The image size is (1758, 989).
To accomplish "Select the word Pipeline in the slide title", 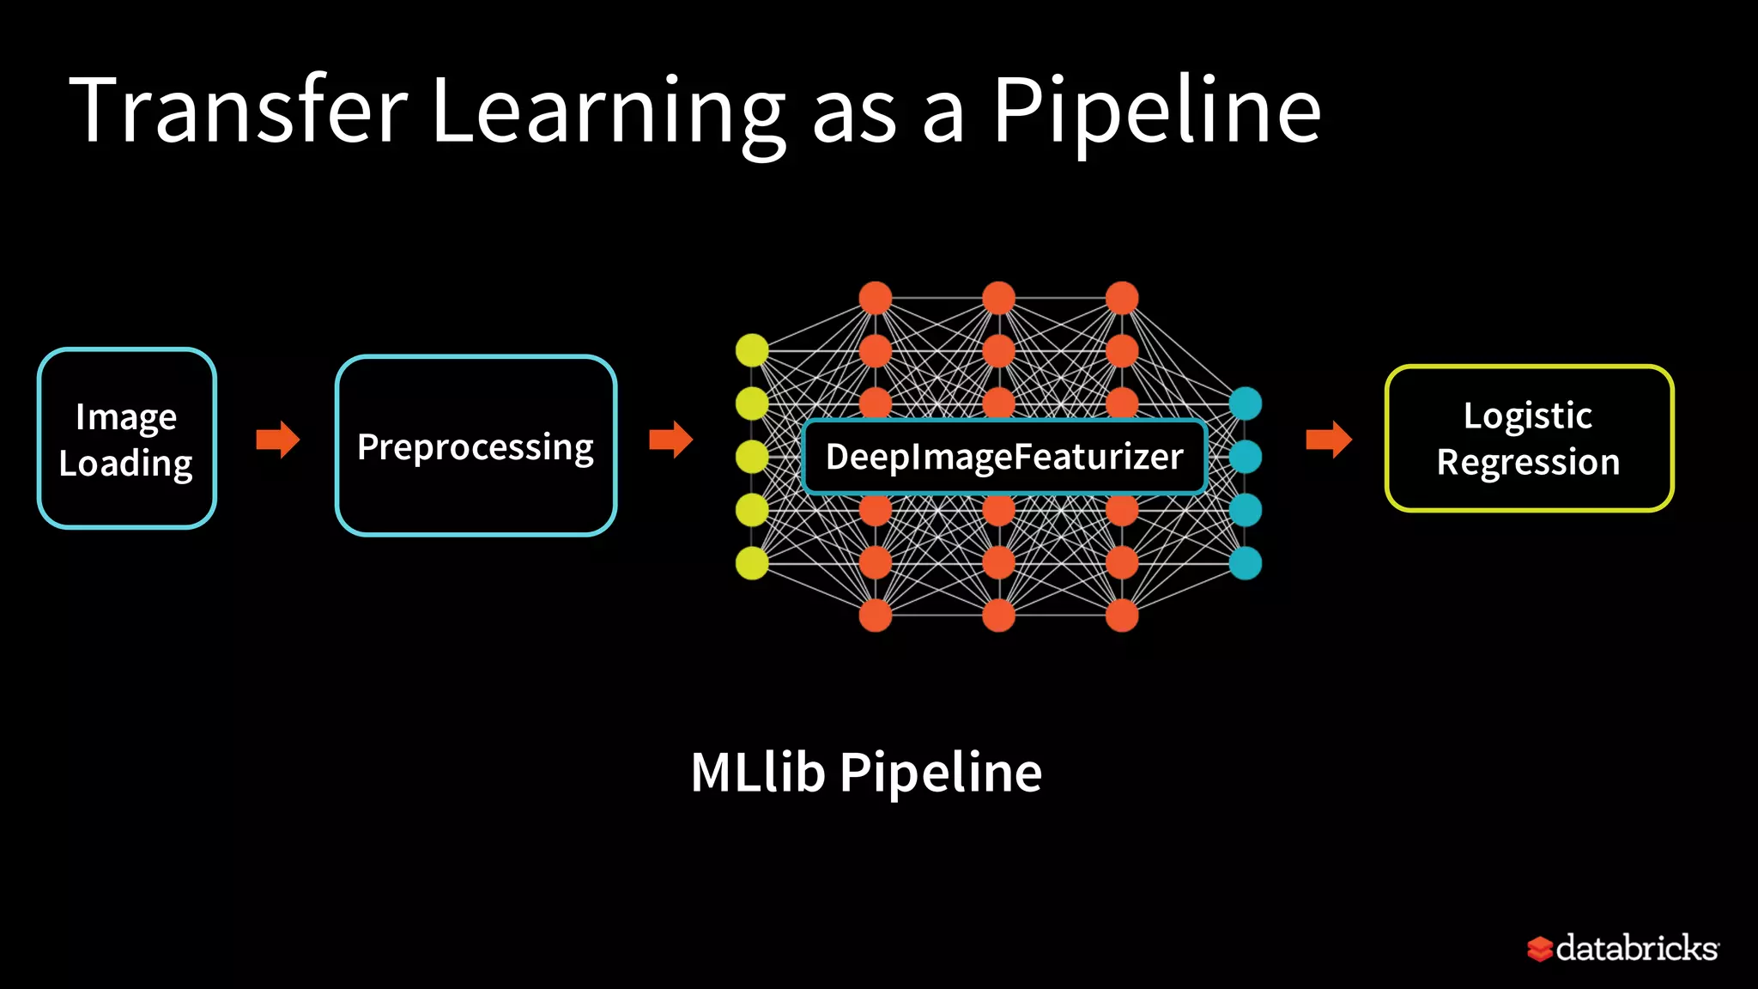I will click(1156, 112).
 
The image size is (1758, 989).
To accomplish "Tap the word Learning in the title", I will click(608, 112).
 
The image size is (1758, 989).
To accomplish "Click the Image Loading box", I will click(127, 439).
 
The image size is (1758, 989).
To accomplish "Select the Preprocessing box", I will click(476, 446).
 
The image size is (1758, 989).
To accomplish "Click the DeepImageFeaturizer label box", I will click(1003, 457).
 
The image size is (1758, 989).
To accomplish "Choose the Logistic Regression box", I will click(1529, 439).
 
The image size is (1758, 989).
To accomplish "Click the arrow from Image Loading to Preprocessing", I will click(278, 440).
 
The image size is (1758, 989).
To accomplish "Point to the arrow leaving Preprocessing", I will click(671, 440).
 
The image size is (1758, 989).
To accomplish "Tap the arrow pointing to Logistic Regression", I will click(1329, 440).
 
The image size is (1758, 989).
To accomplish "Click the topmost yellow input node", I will click(752, 350).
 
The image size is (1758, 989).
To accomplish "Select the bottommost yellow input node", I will click(752, 563).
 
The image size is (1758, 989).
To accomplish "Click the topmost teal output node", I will click(1245, 403).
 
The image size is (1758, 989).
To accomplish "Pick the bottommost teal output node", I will click(1245, 563).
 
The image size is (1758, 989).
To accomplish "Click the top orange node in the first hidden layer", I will click(875, 298).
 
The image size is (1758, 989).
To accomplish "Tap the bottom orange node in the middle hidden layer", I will click(998, 616).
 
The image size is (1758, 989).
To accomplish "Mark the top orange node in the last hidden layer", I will click(1122, 298).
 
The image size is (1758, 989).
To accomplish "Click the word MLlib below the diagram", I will click(757, 773).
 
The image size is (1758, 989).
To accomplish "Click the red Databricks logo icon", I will click(1539, 949).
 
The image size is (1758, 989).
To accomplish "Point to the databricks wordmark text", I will click(1636, 948).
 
